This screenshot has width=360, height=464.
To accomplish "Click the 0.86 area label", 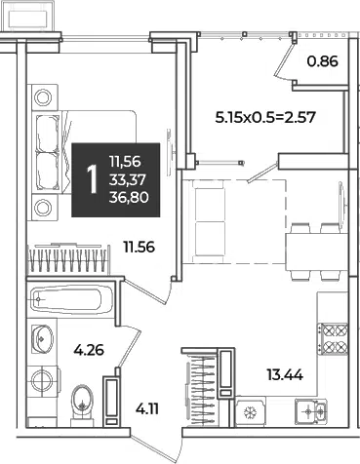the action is pos(323,61).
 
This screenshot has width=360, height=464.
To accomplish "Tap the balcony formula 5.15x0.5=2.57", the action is pos(265,117).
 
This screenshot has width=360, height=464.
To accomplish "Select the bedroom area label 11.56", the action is pos(139,248).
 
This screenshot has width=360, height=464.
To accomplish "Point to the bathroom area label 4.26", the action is pos(89,350).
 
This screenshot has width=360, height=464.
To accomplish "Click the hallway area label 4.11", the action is pos(147,409).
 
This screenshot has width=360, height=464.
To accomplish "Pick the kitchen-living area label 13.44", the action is pos(285,375).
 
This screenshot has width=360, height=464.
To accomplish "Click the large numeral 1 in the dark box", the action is pos(93,179).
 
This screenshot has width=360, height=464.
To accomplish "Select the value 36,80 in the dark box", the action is pos(129,197).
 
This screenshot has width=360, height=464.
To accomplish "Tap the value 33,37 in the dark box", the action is pos(128,179).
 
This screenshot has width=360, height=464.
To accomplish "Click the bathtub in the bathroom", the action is pos(70,299).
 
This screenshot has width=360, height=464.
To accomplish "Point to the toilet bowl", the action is pos(83,405).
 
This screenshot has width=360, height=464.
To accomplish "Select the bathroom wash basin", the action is pos(42,338).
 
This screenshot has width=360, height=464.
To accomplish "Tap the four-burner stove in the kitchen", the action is pos(333,338).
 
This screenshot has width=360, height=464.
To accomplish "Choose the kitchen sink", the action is pos(310,411).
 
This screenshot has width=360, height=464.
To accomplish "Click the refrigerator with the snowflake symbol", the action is pos(251,412).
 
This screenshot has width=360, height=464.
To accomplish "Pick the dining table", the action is pos(317,252).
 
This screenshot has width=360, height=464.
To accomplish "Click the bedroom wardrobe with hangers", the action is pos(67,259).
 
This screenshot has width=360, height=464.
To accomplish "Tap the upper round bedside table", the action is pos(43,97).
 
